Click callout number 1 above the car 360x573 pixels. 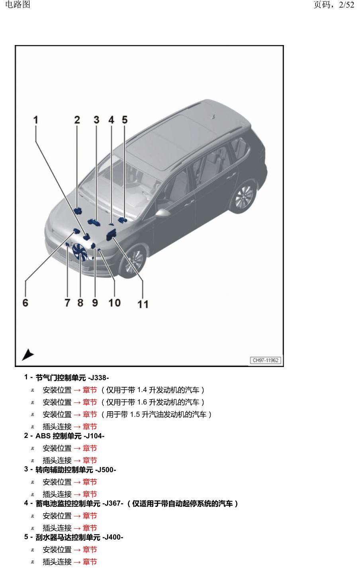click(x=36, y=120)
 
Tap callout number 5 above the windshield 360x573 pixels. click(x=125, y=120)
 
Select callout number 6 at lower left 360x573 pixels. click(x=25, y=302)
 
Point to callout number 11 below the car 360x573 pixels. click(x=143, y=304)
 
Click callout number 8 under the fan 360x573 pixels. click(x=80, y=302)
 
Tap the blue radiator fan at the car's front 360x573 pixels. click(x=79, y=252)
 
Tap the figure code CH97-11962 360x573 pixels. click(x=265, y=360)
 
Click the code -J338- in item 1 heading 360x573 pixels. click(x=98, y=378)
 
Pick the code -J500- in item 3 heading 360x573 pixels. click(x=106, y=470)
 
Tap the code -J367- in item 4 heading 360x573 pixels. click(x=113, y=503)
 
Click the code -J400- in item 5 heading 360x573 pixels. click(x=113, y=537)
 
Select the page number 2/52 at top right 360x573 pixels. click(x=347, y=5)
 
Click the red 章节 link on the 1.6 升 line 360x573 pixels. click(x=90, y=402)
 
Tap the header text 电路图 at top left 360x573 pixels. click(x=18, y=4)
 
